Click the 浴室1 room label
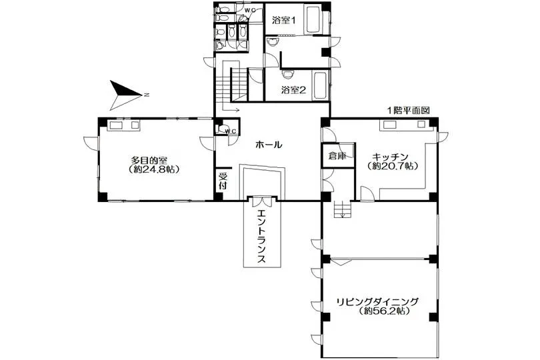284,20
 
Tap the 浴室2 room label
293,90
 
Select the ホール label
269,145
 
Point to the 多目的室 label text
149,161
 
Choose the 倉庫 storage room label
337,156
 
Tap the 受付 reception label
223,181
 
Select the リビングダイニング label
377,302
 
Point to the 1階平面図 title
409,111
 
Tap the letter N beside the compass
147,95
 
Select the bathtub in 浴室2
320,85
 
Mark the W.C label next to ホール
231,131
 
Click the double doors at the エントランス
263,201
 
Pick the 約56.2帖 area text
383,311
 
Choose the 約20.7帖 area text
393,166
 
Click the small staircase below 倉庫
342,209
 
